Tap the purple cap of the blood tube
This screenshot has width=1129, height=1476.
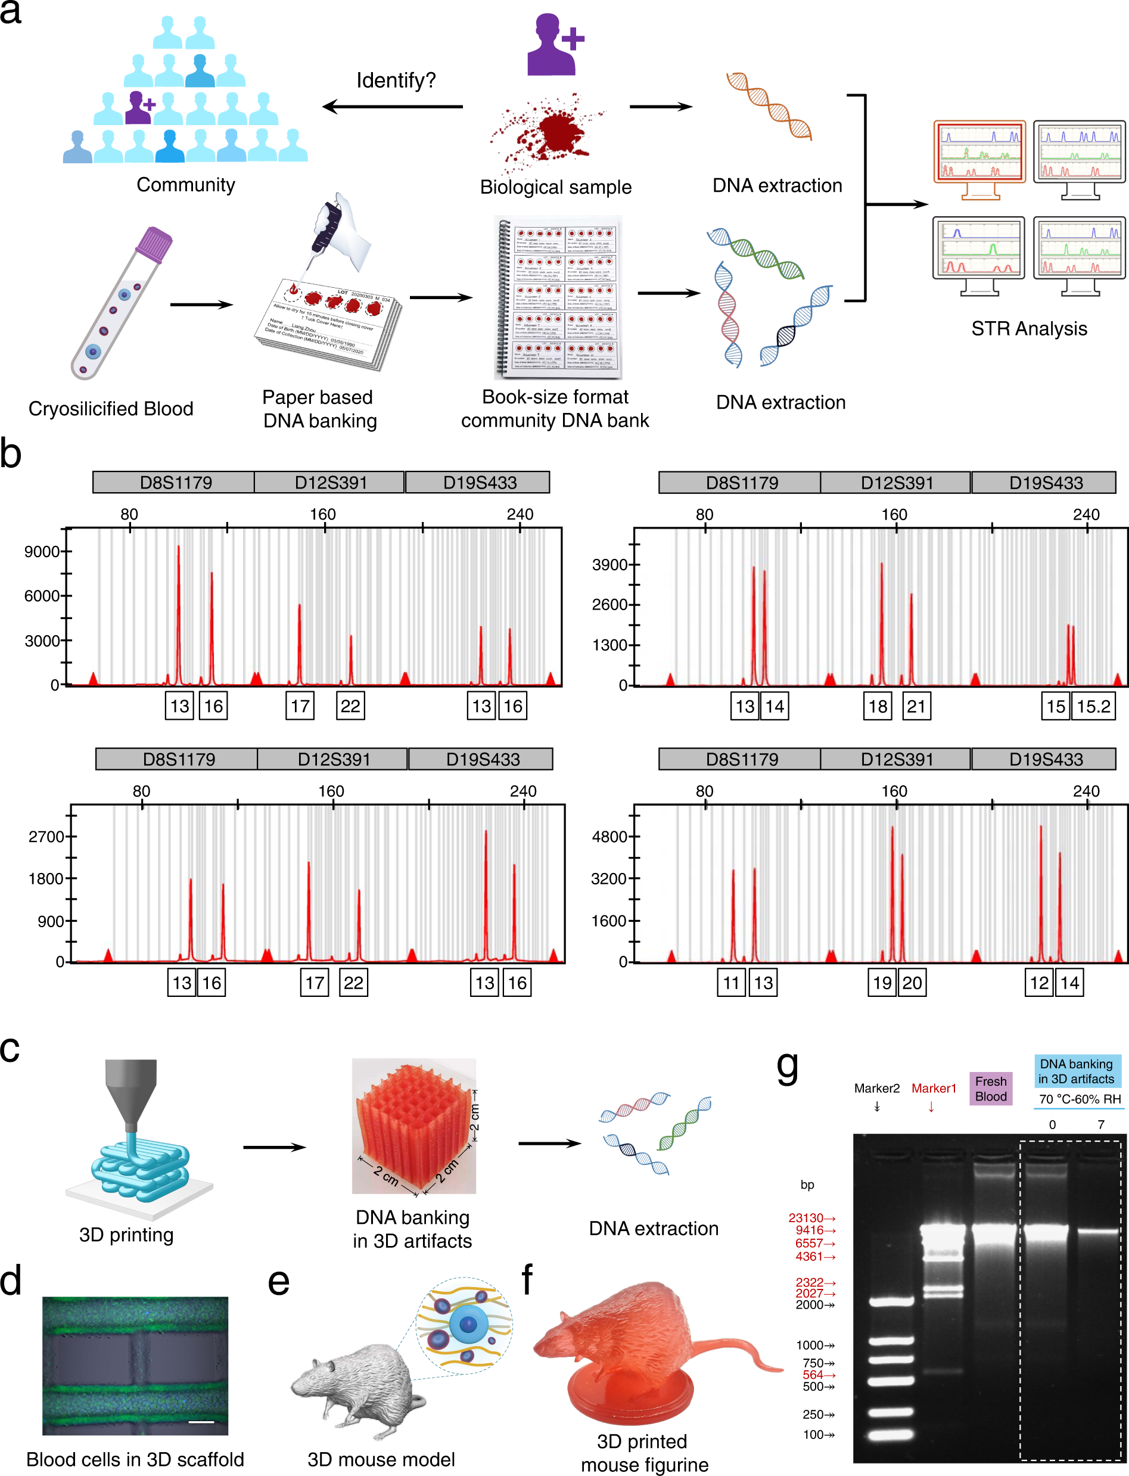154,243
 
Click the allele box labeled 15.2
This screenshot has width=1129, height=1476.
1093,706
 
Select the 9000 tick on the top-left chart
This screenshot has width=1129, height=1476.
42,552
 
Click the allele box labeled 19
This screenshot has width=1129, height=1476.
882,983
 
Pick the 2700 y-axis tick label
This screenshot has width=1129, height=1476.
46,837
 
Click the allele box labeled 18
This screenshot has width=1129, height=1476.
878,706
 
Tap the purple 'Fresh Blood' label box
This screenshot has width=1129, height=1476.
991,1088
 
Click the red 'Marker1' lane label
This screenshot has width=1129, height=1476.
934,1088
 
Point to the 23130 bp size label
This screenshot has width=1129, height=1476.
807,1218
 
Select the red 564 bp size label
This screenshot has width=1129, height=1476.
813,1375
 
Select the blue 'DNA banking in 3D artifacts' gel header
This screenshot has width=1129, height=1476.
1076,1071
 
